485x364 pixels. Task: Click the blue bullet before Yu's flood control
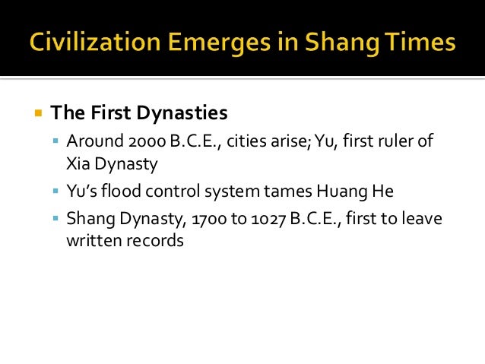click(56, 191)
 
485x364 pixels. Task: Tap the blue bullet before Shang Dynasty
click(56, 219)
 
